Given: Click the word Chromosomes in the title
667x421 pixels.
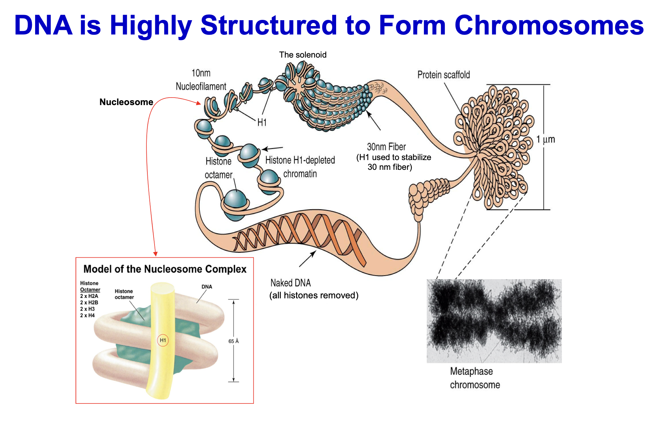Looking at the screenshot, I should (x=549, y=25).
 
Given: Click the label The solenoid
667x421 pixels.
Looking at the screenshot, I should (x=303, y=55).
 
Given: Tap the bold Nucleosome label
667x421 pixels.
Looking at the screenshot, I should (x=126, y=102).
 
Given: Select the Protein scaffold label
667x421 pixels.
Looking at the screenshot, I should (x=443, y=75).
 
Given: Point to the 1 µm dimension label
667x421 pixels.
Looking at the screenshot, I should (x=546, y=140).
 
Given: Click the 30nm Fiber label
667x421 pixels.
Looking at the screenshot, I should (x=386, y=147).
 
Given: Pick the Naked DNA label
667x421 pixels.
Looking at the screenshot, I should (x=291, y=283).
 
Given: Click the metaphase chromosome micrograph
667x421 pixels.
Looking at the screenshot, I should (x=494, y=321).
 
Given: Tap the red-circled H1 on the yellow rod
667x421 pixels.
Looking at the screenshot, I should (x=163, y=340).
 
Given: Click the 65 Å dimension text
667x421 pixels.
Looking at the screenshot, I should (x=233, y=341).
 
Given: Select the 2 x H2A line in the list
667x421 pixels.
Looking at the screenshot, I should (x=89, y=296).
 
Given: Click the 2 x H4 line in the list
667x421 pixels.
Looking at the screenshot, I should (x=88, y=315).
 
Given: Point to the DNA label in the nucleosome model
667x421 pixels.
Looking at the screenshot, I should (x=207, y=287).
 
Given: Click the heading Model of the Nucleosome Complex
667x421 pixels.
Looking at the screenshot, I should (x=165, y=269).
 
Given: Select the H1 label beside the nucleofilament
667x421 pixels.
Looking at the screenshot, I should (x=262, y=122).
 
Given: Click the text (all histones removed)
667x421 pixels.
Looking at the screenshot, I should (x=314, y=295).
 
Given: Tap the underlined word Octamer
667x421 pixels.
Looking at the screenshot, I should (x=90, y=290).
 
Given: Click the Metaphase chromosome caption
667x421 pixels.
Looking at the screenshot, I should (x=475, y=378).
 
